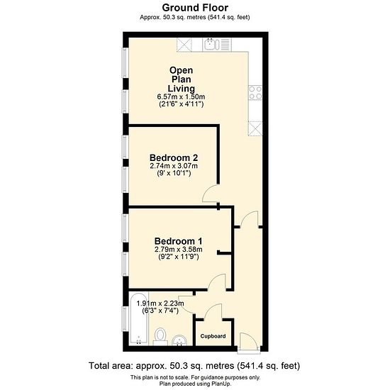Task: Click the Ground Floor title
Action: (195, 8)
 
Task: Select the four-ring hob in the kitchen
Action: (255, 92)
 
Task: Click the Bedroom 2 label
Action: (174, 157)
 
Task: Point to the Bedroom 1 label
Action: (178, 241)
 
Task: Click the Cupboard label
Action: (213, 336)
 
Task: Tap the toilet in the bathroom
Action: (160, 337)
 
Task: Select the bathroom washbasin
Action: (179, 340)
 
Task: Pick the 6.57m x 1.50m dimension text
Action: (181, 96)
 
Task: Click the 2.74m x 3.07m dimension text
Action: (174, 166)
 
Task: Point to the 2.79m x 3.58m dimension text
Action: (178, 249)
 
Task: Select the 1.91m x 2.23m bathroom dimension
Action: (160, 303)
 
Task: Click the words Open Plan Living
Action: (181, 79)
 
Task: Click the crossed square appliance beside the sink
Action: (184, 45)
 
